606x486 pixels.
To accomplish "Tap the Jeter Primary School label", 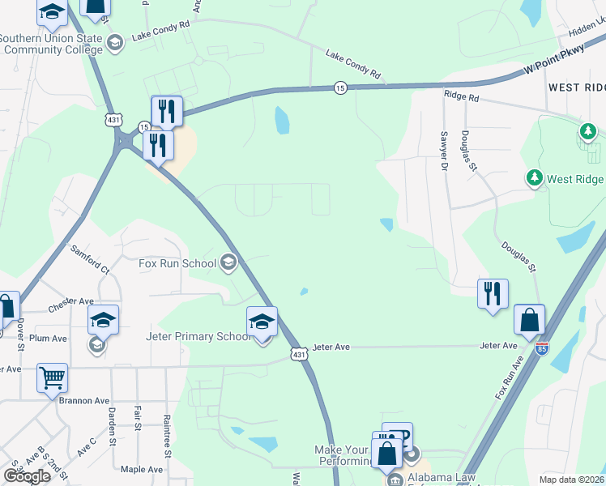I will pos(198,336).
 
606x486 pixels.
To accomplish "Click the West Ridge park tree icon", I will pos(534,177).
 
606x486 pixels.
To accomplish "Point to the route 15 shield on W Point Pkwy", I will pos(341,87).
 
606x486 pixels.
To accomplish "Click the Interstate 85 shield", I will pos(542,348).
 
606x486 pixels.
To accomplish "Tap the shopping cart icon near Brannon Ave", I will pos(53,377).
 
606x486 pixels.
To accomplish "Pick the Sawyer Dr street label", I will pos(444,152).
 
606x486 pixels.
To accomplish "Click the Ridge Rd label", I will pos(462,96).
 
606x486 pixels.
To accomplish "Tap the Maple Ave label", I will pos(142,469).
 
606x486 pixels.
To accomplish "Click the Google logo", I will pos(27,475).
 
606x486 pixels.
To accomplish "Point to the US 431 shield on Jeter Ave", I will pos(299,354).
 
